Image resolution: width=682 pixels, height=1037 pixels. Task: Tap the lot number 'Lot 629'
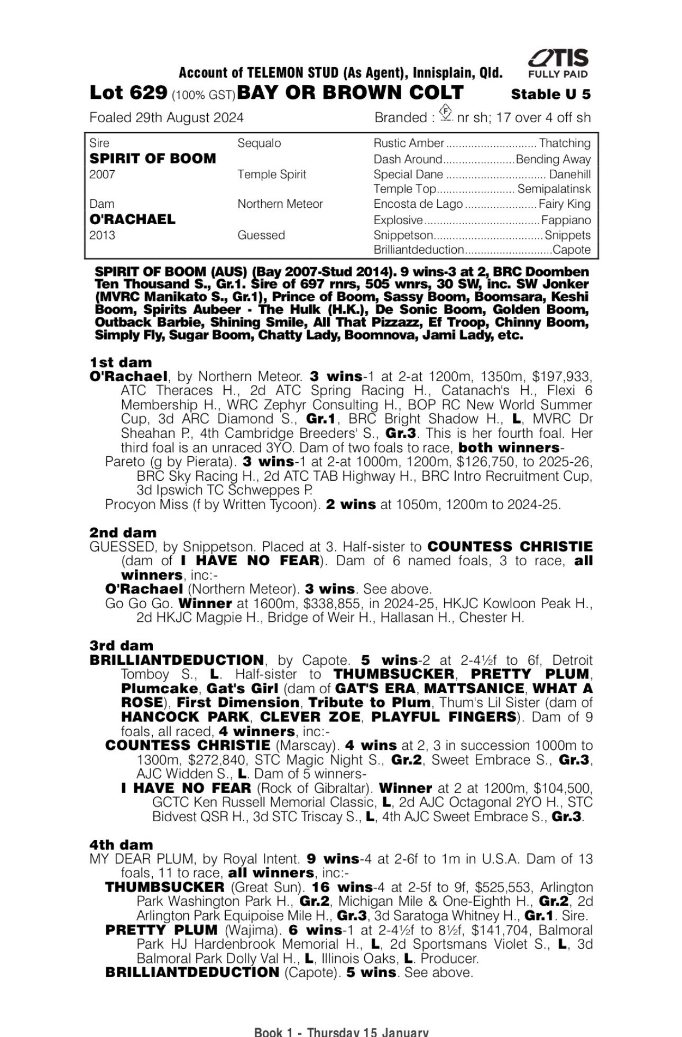[128, 93]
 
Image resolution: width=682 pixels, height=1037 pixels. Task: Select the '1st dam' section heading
[121, 362]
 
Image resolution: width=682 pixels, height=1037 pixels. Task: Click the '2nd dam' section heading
[123, 533]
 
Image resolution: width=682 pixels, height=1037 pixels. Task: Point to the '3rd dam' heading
[122, 646]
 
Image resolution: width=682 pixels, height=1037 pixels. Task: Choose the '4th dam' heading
[122, 845]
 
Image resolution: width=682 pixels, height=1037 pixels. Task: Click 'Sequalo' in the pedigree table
[259, 143]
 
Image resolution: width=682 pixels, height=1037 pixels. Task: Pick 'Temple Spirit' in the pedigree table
[272, 175]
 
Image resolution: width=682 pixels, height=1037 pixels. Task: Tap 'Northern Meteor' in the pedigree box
[280, 204]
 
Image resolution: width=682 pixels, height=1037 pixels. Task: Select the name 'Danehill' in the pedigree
[570, 175]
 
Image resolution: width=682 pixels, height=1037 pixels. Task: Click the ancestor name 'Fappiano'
[566, 220]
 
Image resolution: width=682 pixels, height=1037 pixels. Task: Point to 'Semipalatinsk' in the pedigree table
[554, 189]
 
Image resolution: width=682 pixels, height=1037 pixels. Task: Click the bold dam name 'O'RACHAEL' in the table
[132, 219]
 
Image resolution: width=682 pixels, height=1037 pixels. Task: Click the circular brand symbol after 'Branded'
[446, 114]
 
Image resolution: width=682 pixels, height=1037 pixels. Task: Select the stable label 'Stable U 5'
[550, 95]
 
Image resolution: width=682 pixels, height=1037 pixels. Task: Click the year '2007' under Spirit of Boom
[102, 175]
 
